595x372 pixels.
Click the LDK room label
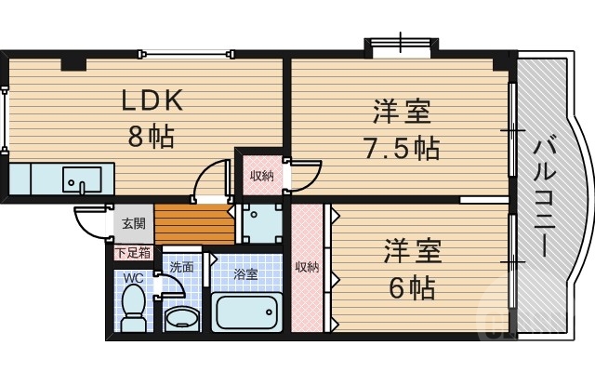coord(155,100)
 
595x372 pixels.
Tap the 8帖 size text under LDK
coord(151,139)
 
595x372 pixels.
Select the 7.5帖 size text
coord(401,148)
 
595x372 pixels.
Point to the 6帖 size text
coord(410,287)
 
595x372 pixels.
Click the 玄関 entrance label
coord(133,223)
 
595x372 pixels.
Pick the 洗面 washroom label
coord(181,267)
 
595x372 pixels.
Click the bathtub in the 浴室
coord(246,312)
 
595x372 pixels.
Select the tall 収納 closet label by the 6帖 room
coord(307,268)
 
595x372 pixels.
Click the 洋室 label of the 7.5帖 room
coord(402,113)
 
